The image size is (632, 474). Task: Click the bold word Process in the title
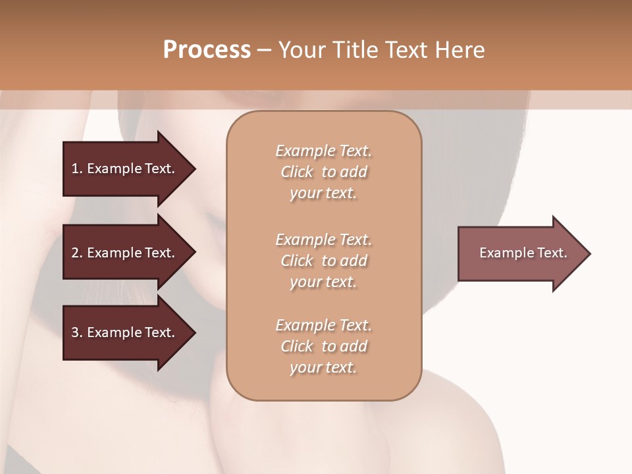pyautogui.click(x=207, y=50)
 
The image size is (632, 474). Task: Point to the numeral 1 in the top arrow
pyautogui.click(x=75, y=169)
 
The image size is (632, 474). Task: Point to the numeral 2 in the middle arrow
pyautogui.click(x=75, y=253)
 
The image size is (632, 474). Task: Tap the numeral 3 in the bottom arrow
pyautogui.click(x=75, y=332)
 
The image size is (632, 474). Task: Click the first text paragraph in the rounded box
pyautogui.click(x=323, y=172)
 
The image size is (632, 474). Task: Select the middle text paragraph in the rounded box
pyautogui.click(x=323, y=261)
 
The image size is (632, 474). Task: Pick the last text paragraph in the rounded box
pyautogui.click(x=323, y=346)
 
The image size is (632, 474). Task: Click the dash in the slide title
pyautogui.click(x=264, y=50)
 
